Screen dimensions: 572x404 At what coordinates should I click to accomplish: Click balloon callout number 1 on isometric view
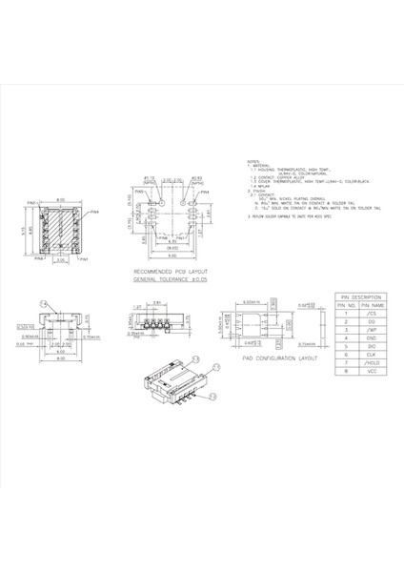click(x=215, y=366)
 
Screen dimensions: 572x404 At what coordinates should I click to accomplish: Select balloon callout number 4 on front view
click(x=43, y=302)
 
